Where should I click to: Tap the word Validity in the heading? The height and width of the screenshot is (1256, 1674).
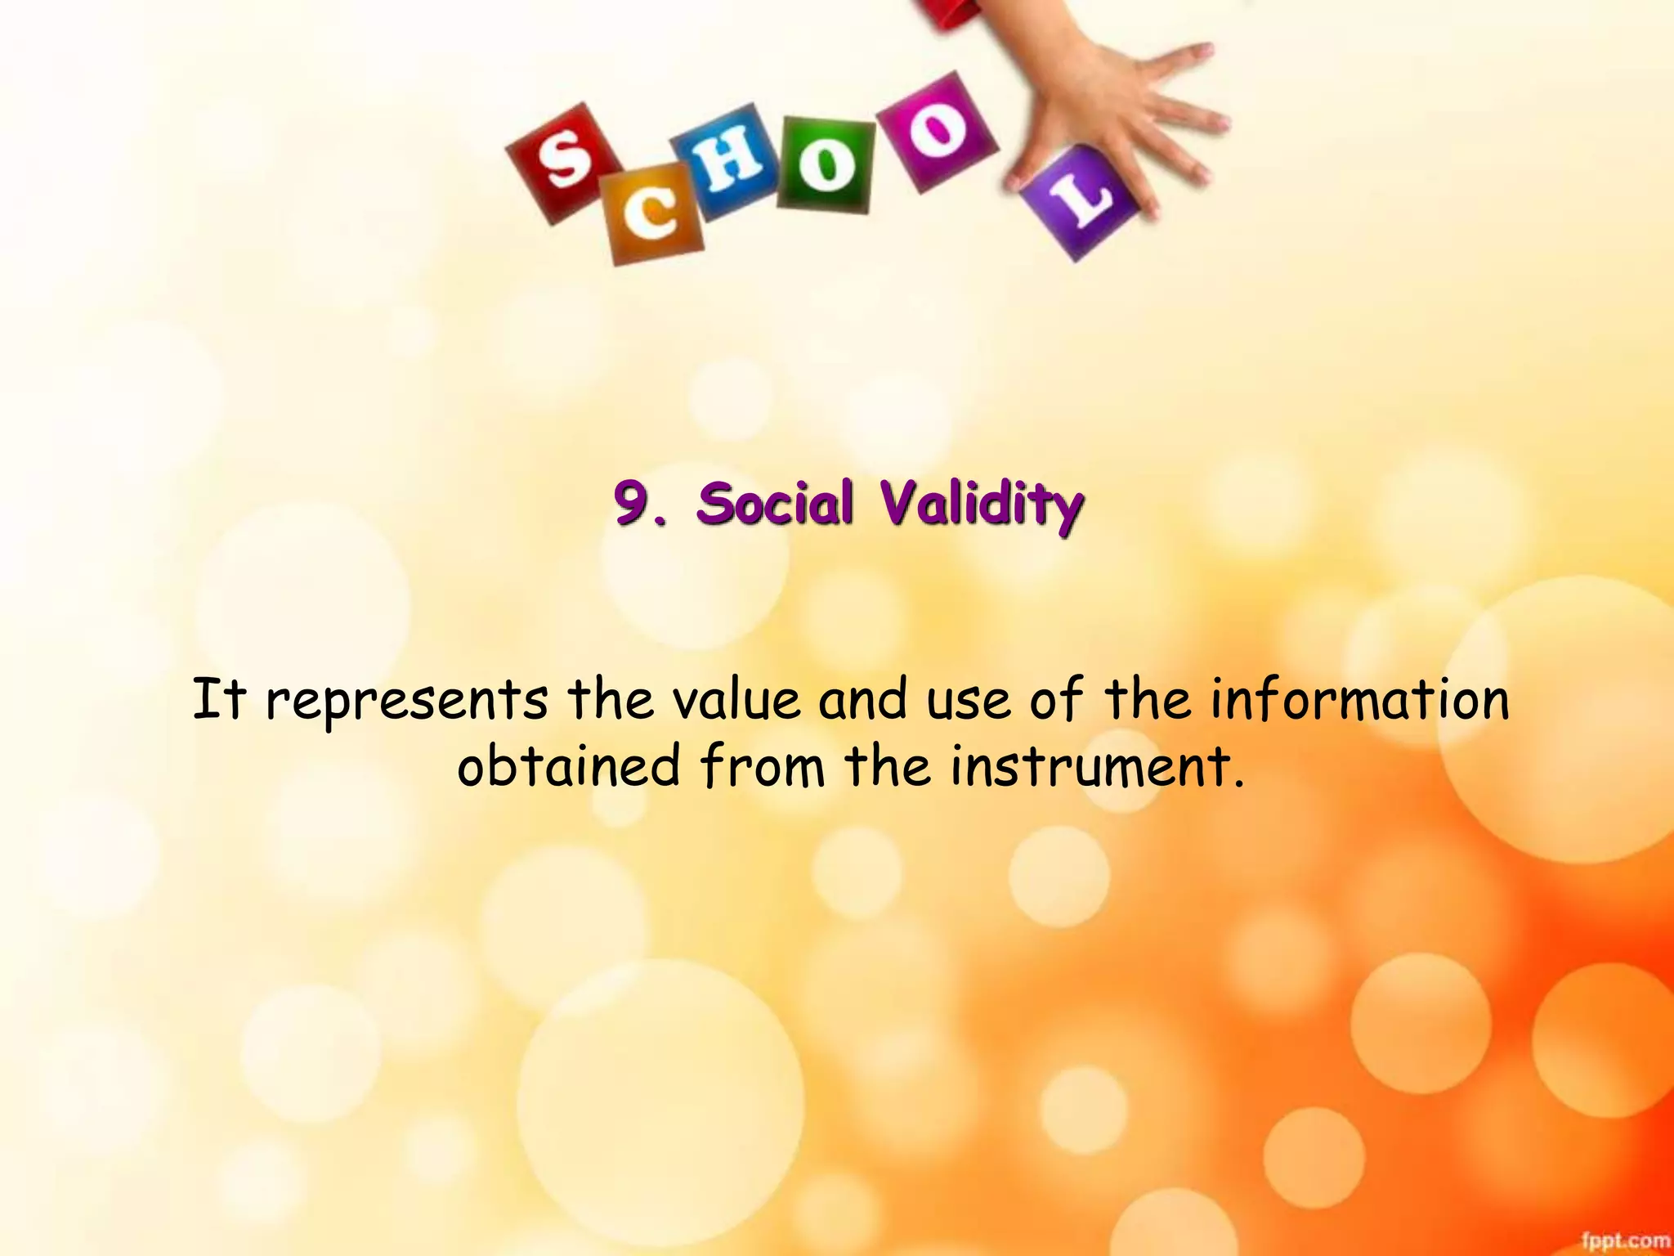pyautogui.click(x=982, y=505)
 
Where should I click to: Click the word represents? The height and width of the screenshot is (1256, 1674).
pyautogui.click(x=406, y=702)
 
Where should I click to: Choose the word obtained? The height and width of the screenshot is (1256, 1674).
pyautogui.click(x=568, y=766)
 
